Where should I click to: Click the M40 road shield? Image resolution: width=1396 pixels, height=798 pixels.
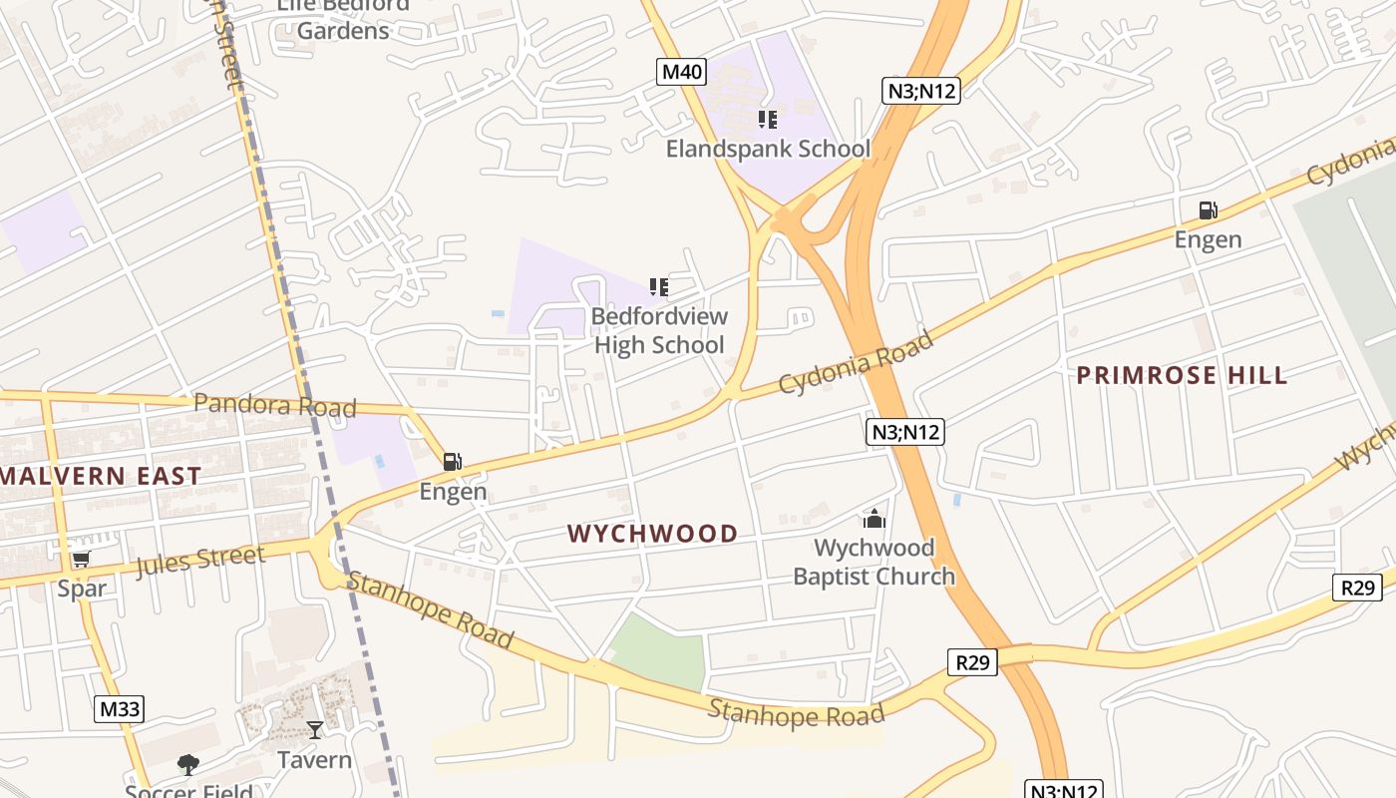point(683,72)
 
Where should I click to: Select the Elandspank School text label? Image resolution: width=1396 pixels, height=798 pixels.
point(768,150)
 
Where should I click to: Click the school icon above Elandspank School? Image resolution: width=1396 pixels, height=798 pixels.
point(768,120)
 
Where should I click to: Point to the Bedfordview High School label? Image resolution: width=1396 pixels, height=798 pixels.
point(659,331)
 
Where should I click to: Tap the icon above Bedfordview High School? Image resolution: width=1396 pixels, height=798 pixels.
point(658,287)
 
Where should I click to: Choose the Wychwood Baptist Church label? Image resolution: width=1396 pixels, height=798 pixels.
point(873,562)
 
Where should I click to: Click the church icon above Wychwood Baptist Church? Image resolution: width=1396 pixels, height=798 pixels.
point(874,519)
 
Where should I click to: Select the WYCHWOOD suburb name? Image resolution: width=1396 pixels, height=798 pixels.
point(653,534)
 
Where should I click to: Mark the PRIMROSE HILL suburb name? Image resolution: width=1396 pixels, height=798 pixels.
point(1182,375)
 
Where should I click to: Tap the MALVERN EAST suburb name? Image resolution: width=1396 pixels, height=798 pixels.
point(101,476)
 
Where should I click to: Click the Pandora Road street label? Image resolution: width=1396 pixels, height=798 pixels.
point(274,405)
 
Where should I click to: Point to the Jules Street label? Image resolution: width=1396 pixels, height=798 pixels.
point(200,561)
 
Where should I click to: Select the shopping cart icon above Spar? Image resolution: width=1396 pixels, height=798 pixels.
point(81,560)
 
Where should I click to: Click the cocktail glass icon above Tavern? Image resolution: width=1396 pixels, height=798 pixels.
point(315,730)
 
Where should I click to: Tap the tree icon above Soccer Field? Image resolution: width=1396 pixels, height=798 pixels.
point(187,765)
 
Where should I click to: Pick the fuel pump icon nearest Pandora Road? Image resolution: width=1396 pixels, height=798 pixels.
point(453,462)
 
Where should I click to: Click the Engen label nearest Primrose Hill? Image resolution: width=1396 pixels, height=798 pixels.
point(1208,239)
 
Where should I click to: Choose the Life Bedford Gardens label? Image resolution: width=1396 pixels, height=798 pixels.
point(343,18)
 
